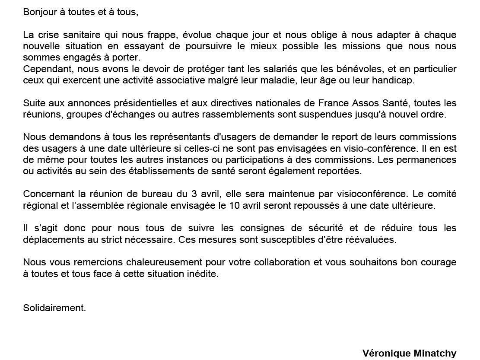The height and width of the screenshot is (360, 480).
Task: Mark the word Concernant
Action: click(47, 194)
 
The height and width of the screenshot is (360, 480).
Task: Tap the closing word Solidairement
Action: click(54, 308)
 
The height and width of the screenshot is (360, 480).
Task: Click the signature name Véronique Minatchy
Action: click(409, 354)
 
